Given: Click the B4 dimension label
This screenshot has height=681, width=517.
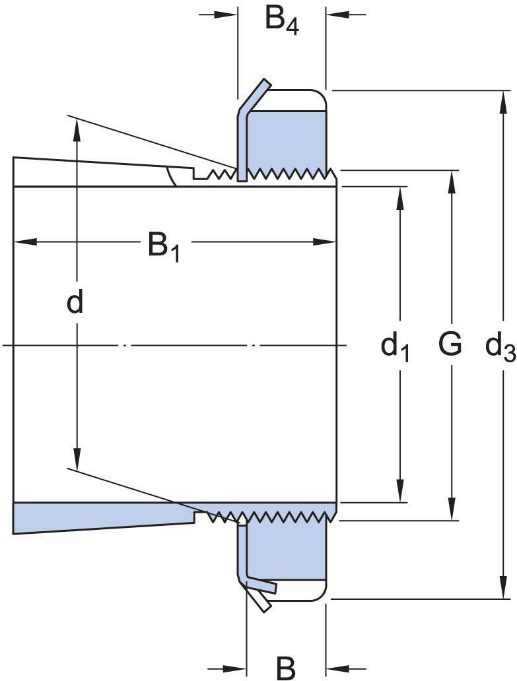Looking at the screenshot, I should (x=281, y=20).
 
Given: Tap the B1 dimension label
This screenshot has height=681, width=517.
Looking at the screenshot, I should (x=163, y=247).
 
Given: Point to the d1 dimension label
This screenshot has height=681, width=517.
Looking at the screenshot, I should (x=395, y=346).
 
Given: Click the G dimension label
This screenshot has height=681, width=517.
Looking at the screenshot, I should (x=450, y=344).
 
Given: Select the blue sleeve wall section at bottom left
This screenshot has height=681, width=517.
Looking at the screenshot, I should (x=99, y=515).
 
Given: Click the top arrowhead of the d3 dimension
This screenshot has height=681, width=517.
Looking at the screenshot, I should (x=499, y=99).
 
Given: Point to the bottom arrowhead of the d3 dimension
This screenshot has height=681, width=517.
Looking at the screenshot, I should (x=499, y=591).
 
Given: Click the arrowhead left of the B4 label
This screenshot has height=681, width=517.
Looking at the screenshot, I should (x=228, y=13).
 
